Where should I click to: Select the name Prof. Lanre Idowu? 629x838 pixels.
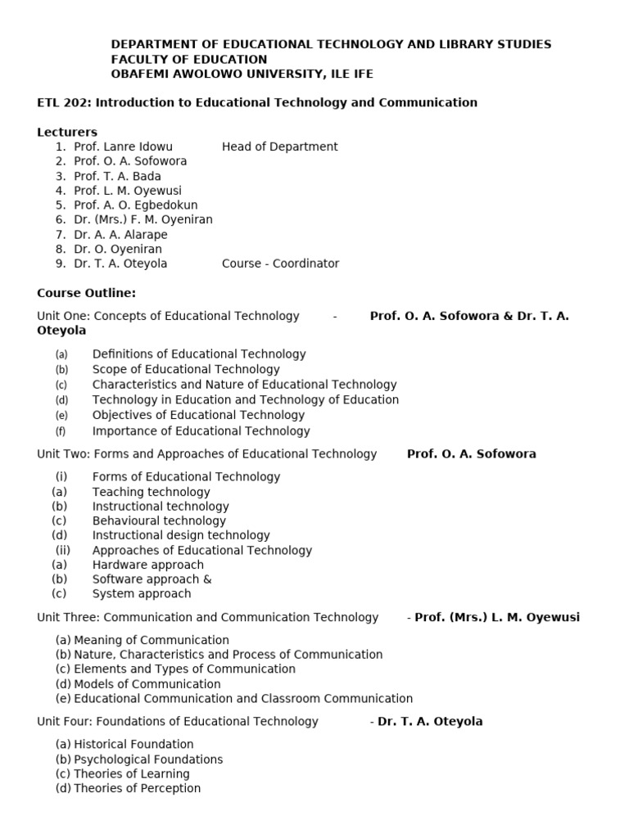pos(123,147)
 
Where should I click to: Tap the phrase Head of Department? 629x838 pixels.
pos(279,147)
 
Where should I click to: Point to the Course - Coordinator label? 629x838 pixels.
pos(280,264)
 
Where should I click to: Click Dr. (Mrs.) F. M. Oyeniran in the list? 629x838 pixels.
pos(143,220)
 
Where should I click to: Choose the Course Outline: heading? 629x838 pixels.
pos(86,293)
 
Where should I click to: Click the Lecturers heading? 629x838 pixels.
pos(67,133)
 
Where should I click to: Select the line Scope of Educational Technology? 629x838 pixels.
pos(186,369)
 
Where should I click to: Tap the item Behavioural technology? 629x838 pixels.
pos(159,520)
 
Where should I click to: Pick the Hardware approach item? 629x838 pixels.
pos(148,565)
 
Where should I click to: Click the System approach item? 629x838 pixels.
pos(142,594)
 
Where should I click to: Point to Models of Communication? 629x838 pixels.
pos(147,684)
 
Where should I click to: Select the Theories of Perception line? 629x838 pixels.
pos(137,789)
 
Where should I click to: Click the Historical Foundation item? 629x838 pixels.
pos(133,745)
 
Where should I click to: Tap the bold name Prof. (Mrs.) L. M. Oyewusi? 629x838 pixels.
pos(496,617)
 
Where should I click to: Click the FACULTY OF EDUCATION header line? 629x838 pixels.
pos(189,59)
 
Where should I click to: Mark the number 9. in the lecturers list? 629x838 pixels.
pos(61,264)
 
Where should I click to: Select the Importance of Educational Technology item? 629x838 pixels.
pos(201,431)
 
